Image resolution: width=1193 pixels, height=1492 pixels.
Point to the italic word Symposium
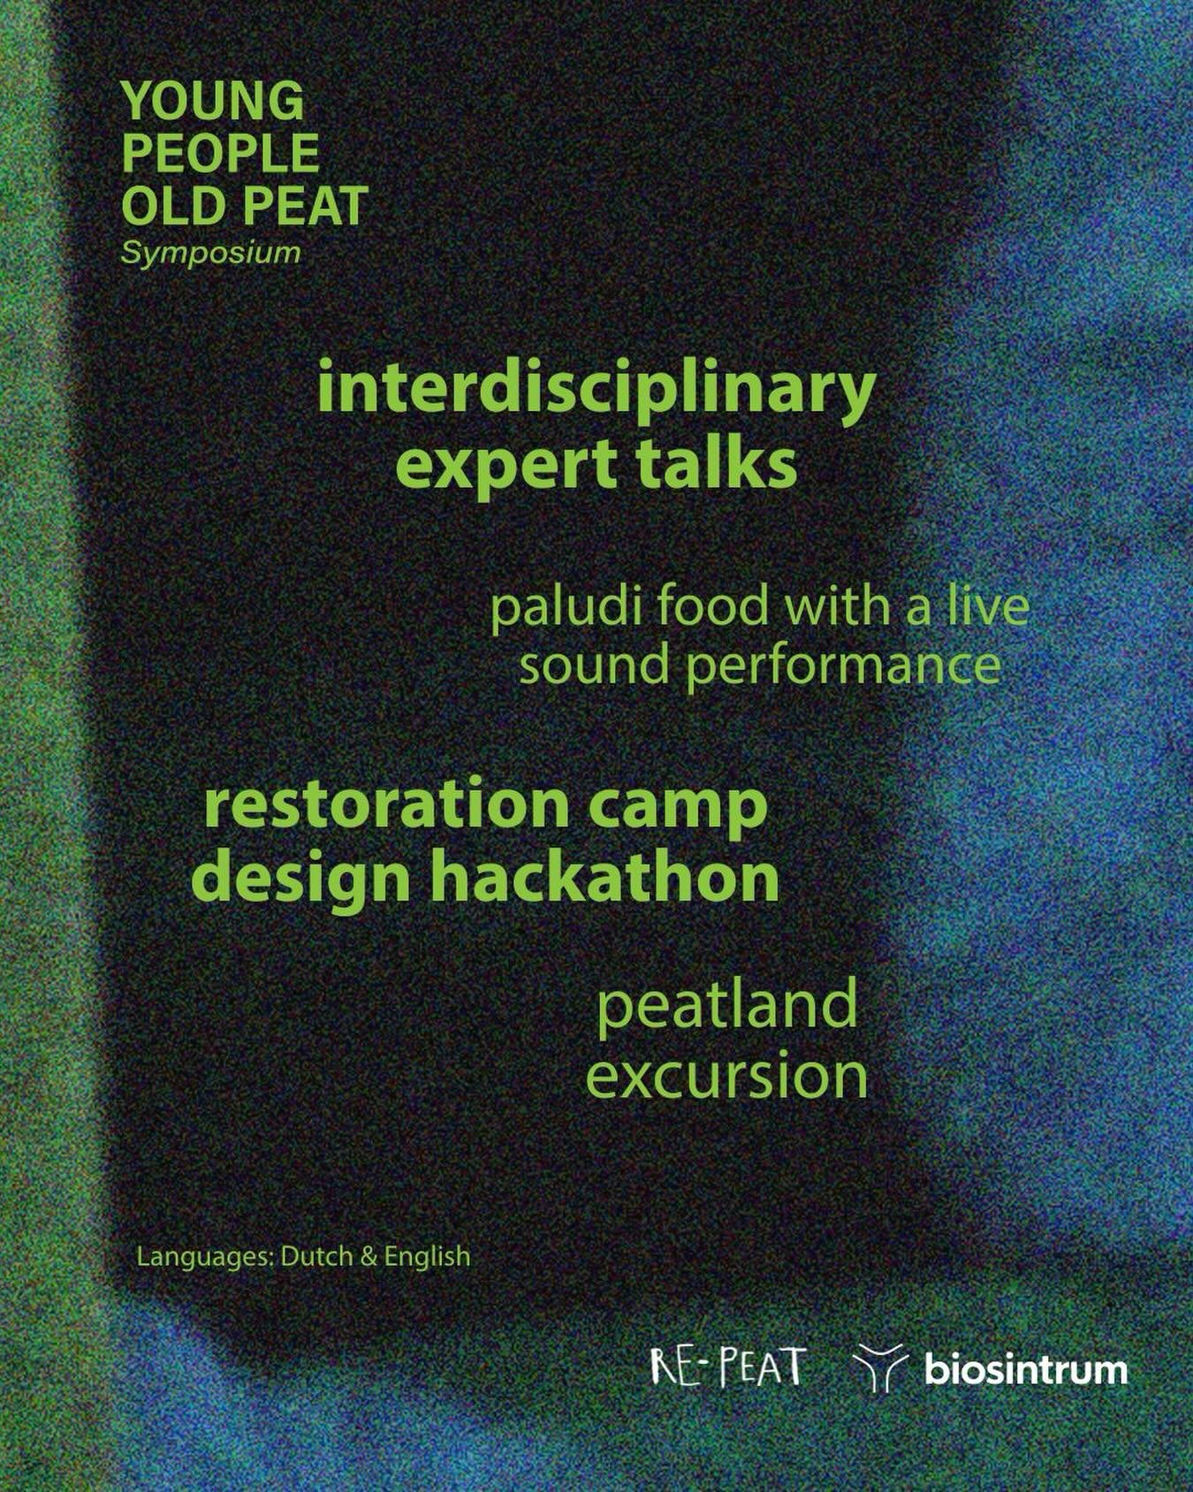[211, 253]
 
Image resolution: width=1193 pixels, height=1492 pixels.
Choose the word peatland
[726, 1005]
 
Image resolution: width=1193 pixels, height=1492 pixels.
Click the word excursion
[726, 1076]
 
